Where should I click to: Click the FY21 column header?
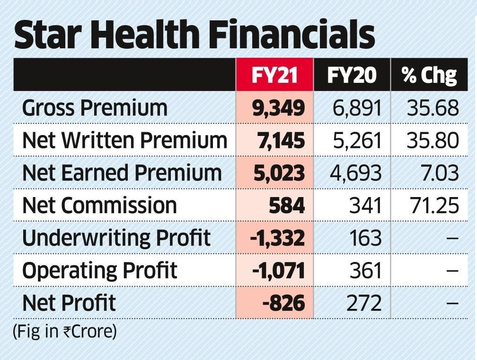pyautogui.click(x=274, y=75)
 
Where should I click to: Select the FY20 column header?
pyautogui.click(x=352, y=75)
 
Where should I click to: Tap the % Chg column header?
pyautogui.click(x=430, y=75)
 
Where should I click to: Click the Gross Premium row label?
pyautogui.click(x=95, y=108)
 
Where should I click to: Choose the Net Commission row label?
pyautogui.click(x=99, y=206)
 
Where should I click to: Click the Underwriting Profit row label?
pyautogui.click(x=116, y=238)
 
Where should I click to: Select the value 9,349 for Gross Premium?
pyautogui.click(x=278, y=108)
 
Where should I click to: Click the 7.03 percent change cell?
pyautogui.click(x=442, y=173)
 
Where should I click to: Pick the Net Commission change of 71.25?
pyautogui.click(x=433, y=206)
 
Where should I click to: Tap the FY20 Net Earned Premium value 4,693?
pyautogui.click(x=355, y=173)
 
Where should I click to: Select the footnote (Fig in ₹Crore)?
pyautogui.click(x=64, y=331)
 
